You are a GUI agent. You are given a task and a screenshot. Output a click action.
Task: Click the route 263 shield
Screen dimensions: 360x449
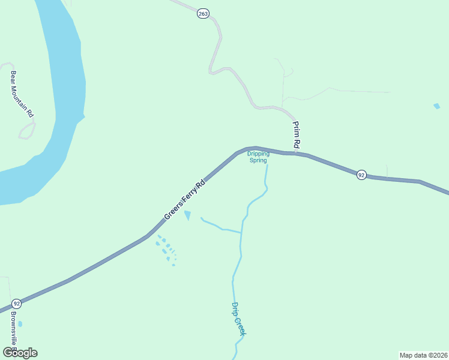click(x=203, y=13)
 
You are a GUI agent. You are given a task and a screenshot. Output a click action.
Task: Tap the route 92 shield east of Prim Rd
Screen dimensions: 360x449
click(x=361, y=175)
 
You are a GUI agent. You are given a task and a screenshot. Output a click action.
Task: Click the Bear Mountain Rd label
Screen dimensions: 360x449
click(x=22, y=94)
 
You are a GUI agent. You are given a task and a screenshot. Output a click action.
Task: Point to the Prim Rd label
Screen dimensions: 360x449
click(x=295, y=134)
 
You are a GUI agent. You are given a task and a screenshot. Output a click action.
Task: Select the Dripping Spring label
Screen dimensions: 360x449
click(x=259, y=157)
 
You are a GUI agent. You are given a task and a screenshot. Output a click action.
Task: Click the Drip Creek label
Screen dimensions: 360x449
click(x=239, y=319)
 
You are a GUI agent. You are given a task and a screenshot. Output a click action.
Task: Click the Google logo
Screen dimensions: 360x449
click(x=19, y=353)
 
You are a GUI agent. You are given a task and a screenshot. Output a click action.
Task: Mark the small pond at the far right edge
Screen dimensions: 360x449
click(x=436, y=106)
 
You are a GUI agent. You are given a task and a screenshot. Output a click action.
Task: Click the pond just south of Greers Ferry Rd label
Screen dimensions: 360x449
click(x=188, y=215)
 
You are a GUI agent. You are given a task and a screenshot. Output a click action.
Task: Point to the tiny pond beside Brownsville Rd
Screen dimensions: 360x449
click(x=20, y=324)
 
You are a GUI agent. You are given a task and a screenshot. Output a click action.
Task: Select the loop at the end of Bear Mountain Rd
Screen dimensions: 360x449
click(x=27, y=130)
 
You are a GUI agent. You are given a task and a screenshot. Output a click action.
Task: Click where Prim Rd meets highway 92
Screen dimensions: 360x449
click(x=295, y=153)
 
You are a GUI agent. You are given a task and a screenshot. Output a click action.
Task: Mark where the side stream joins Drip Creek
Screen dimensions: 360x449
click(x=241, y=232)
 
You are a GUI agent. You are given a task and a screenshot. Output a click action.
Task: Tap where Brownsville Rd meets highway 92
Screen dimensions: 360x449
click(x=8, y=310)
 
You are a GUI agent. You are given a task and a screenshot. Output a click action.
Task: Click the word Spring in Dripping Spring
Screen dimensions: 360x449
click(x=259, y=160)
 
